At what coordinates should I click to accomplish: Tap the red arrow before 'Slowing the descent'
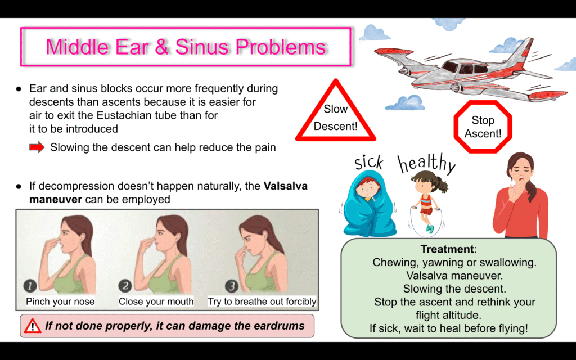(37, 147)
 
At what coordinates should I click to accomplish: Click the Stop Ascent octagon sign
(483, 127)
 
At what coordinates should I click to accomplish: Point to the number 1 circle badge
(30, 286)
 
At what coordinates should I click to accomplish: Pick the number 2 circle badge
(125, 286)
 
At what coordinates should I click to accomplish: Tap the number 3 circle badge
(231, 286)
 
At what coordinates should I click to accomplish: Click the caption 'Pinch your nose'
(60, 301)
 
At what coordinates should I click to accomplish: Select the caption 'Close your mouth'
(156, 301)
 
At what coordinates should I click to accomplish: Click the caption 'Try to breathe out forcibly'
(262, 301)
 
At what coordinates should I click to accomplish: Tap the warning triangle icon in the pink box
(32, 326)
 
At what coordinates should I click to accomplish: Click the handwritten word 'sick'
(369, 163)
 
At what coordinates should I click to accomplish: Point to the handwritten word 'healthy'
(426, 164)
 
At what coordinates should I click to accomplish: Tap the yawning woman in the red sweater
(521, 196)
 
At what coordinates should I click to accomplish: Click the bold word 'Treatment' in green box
(447, 249)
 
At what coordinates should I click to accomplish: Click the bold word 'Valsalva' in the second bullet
(286, 186)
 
